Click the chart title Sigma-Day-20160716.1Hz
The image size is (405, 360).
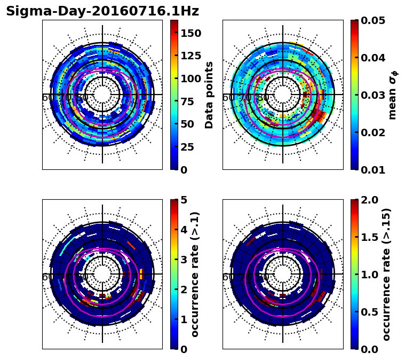coord(102,11)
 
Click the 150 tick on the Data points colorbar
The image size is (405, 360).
coord(191,33)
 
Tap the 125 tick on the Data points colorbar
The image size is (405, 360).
coord(191,56)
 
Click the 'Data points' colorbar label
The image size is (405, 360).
coord(209,95)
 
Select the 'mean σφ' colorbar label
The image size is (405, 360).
coord(392,95)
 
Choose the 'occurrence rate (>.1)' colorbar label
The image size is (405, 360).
coord(195,274)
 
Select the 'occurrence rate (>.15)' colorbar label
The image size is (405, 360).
coord(387,274)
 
